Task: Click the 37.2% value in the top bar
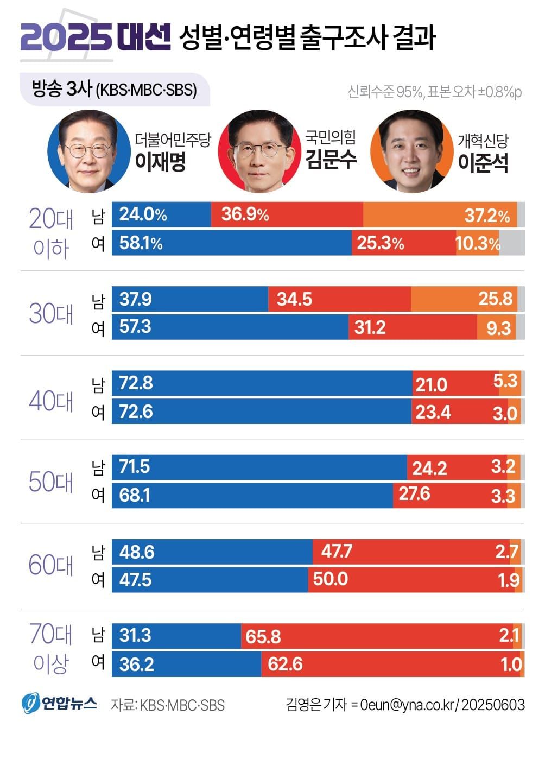point(487,216)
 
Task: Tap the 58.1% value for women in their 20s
point(141,243)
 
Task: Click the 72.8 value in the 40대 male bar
point(136,383)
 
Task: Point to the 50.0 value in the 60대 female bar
point(330,579)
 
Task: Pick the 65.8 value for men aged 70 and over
point(263,636)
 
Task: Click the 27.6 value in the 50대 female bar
point(414,494)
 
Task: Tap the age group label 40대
point(50,401)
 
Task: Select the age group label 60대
point(50,565)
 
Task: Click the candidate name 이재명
point(160,161)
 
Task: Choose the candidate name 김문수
point(330,159)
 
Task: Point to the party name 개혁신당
point(483,141)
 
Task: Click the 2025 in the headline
point(65,37)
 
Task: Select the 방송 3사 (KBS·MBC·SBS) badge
point(115,89)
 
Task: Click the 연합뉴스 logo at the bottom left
point(60,704)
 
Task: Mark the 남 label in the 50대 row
point(98,467)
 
